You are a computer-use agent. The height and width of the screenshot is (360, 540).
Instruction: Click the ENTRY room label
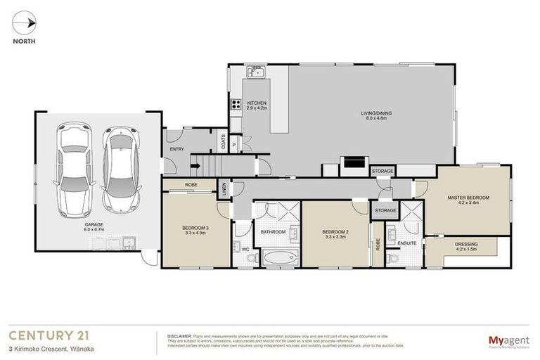[x=177, y=149]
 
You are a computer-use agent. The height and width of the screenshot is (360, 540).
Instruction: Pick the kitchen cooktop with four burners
[x=235, y=107]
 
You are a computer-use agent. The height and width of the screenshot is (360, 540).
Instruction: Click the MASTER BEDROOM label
[x=468, y=200]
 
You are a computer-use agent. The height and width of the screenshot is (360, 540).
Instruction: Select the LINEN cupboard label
[x=224, y=191]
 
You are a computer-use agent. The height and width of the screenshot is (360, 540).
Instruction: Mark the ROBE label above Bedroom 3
[x=190, y=184]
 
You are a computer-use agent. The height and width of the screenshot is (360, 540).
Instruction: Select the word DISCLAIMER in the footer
[x=180, y=335]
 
